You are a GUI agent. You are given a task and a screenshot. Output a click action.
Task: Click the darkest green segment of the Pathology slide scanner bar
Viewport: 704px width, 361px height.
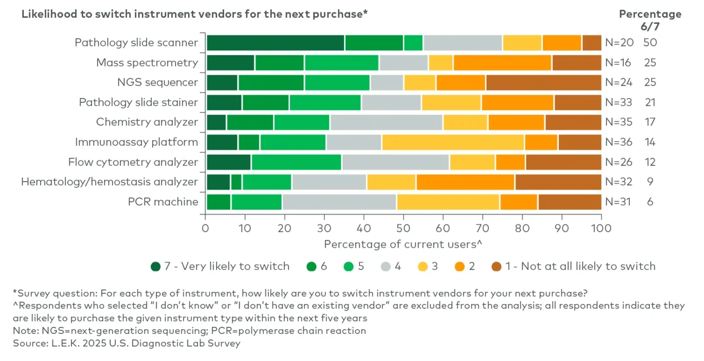click(x=275, y=42)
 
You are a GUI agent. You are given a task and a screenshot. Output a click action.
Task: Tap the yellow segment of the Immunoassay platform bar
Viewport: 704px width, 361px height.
click(x=453, y=142)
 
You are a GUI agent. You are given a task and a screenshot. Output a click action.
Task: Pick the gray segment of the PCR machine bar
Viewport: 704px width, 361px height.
click(x=339, y=202)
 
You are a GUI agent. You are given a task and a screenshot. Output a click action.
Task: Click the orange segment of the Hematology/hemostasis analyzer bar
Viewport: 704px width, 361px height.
click(x=465, y=182)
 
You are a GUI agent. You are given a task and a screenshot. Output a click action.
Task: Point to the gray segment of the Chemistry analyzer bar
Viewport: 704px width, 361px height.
click(x=386, y=123)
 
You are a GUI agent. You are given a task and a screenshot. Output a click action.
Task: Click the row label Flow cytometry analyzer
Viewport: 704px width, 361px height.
click(x=133, y=162)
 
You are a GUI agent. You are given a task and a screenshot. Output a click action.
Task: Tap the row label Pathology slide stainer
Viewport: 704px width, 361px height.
click(x=138, y=102)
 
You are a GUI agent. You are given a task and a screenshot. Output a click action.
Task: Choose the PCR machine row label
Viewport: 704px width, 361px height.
click(x=162, y=202)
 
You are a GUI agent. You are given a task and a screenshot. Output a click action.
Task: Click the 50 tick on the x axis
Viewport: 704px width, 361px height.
click(x=403, y=228)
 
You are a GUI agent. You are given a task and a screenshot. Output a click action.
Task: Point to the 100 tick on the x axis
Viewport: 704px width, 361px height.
click(x=601, y=228)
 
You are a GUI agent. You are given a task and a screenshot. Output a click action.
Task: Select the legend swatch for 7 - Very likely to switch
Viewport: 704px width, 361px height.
click(x=156, y=267)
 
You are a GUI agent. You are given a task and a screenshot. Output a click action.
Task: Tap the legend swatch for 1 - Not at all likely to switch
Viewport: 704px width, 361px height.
click(x=496, y=267)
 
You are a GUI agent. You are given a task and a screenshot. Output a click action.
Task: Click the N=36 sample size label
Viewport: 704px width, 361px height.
click(x=618, y=142)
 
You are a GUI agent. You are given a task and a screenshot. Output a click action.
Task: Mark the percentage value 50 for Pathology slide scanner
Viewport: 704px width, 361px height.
click(x=650, y=42)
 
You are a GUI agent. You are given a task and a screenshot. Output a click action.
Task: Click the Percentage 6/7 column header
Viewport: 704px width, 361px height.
click(x=650, y=20)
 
